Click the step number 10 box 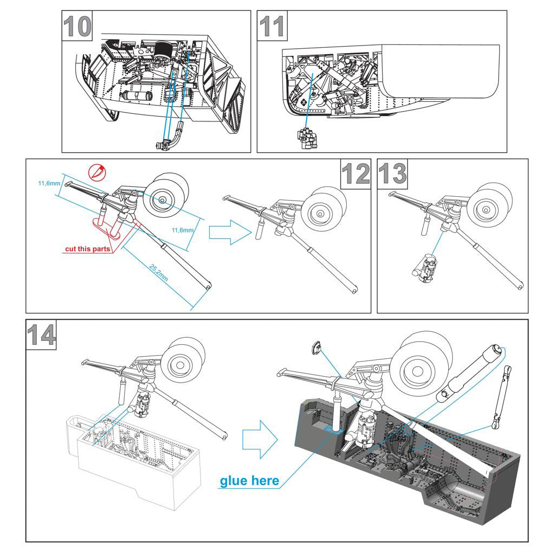[x=78, y=27]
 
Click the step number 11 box [x=273, y=27]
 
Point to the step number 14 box [x=41, y=335]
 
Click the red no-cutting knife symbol [x=97, y=172]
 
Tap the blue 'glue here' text [x=249, y=481]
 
